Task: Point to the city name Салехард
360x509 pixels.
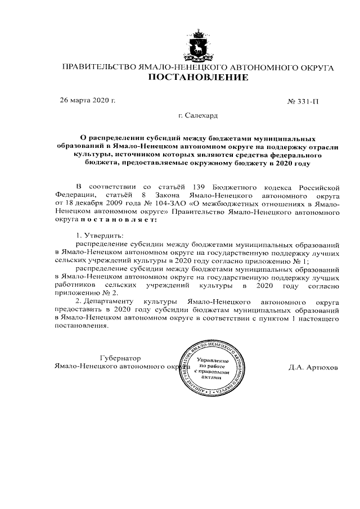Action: click(198, 116)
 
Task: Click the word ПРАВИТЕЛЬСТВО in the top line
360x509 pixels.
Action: click(98, 67)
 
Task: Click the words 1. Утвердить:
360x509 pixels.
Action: click(100, 236)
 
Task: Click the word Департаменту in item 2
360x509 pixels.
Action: click(107, 303)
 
